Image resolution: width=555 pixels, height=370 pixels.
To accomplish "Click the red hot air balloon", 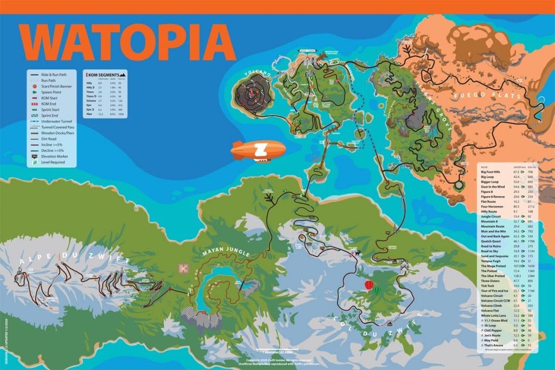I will pyautogui.click(x=369, y=285).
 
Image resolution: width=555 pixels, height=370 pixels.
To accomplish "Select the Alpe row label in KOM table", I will pyautogui.click(x=88, y=114).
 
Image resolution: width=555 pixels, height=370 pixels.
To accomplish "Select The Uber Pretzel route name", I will pyautogui.click(x=493, y=276).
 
